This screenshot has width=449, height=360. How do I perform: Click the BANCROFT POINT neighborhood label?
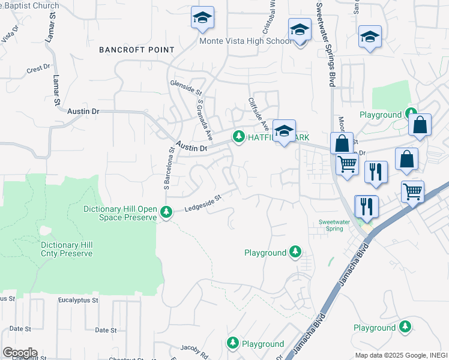(x=137, y=50)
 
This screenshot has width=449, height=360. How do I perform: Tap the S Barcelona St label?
(x=170, y=171)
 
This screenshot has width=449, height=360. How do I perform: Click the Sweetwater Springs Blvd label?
(x=328, y=43)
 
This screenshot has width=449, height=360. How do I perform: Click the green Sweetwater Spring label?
(x=334, y=225)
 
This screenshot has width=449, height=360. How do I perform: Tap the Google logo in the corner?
(x=19, y=353)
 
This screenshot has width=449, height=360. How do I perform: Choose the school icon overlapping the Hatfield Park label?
(x=283, y=130)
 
